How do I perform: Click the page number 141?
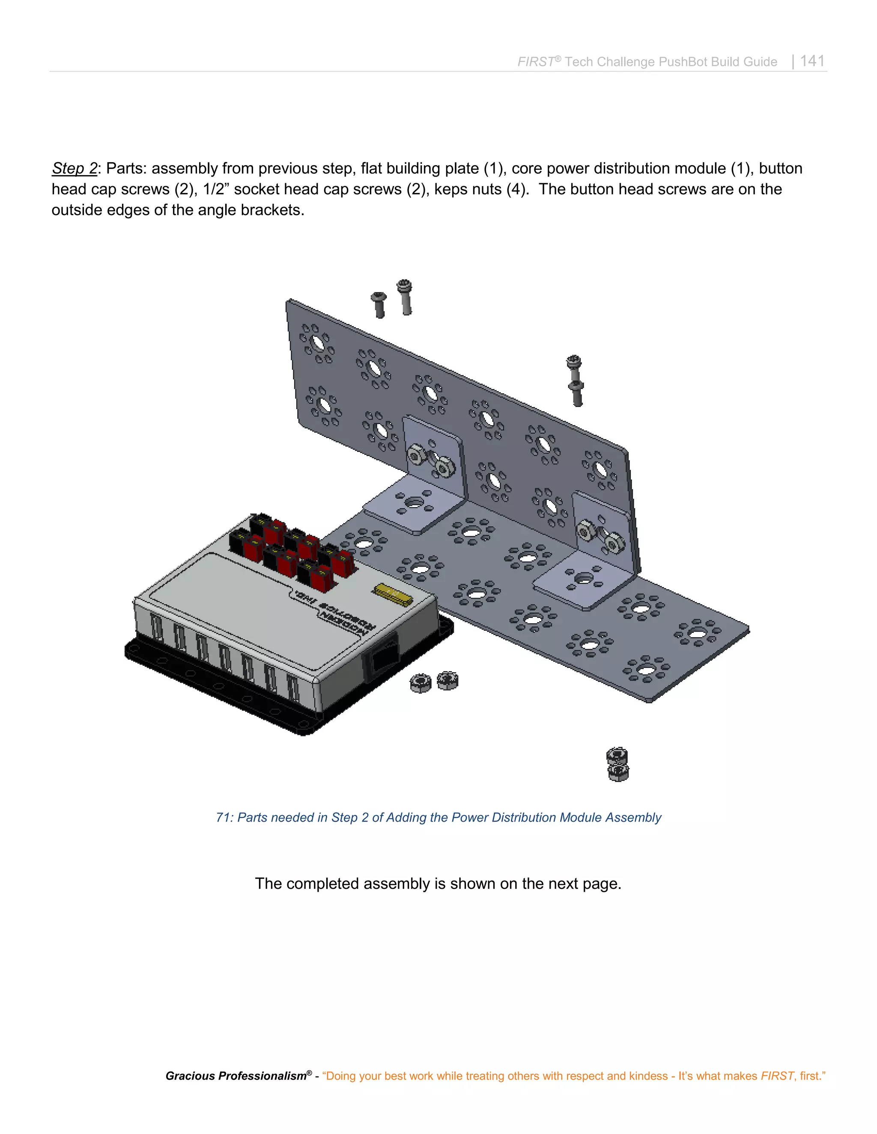(x=812, y=61)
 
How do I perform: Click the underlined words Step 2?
(x=74, y=168)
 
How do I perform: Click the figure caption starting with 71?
(x=438, y=817)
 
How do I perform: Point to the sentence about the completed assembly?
(x=438, y=883)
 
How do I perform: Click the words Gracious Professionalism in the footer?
(x=236, y=1076)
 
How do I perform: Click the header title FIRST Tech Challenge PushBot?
(x=647, y=62)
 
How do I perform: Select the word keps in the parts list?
(x=449, y=189)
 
